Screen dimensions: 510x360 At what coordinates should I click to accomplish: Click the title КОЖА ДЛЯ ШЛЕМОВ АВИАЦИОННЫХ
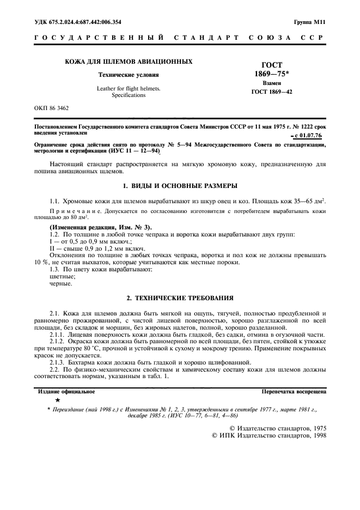tap(129, 62)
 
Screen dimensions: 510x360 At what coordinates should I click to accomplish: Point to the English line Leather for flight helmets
tap(129, 88)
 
